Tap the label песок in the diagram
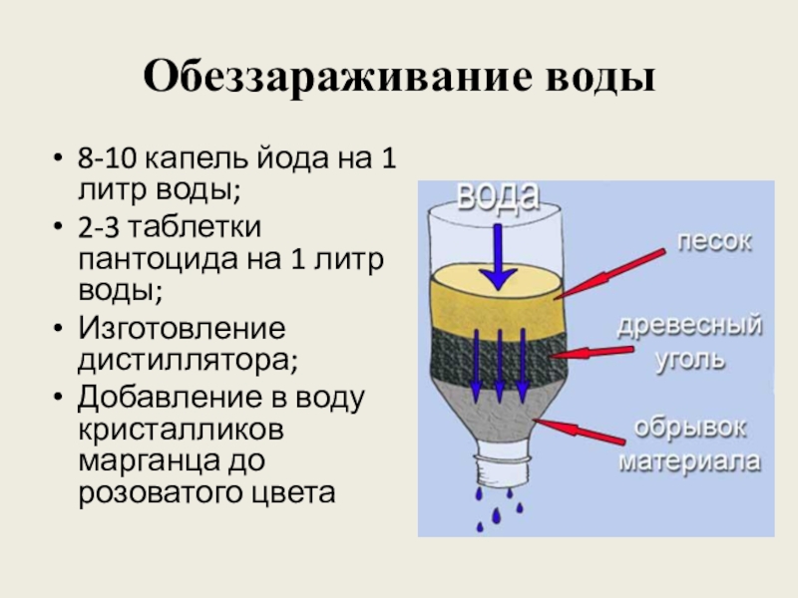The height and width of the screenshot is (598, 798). coord(715,240)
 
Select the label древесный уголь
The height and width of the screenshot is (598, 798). coord(688,342)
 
